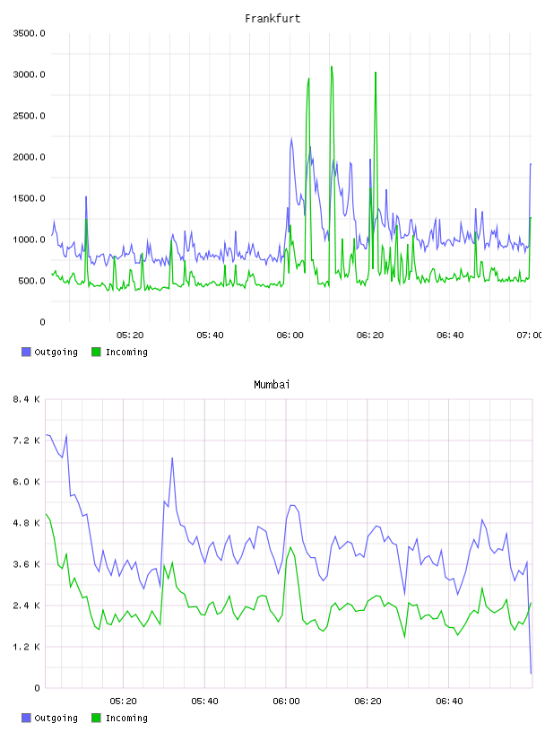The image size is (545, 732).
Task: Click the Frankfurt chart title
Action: tap(272, 18)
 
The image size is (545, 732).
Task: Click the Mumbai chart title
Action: tap(272, 384)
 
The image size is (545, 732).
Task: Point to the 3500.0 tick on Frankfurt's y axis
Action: tap(29, 33)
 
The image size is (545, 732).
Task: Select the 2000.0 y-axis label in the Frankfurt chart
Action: tap(29, 157)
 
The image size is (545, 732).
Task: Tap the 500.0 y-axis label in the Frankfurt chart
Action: tap(31, 281)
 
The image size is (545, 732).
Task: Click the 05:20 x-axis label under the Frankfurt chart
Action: tap(130, 335)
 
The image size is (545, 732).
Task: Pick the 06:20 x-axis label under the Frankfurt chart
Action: tap(370, 335)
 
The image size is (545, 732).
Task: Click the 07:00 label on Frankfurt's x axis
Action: tap(530, 335)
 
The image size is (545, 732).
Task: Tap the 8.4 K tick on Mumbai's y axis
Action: tap(26, 399)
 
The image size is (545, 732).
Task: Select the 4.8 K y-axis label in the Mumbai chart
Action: tap(26, 523)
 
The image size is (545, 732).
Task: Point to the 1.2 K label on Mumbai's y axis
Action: tap(26, 647)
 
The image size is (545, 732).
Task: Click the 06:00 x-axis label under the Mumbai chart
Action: tap(286, 701)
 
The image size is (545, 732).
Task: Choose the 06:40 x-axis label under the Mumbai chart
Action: tap(449, 701)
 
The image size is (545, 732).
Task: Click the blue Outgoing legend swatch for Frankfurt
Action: tap(26, 352)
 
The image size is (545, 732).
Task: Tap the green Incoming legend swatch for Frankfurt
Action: tap(96, 352)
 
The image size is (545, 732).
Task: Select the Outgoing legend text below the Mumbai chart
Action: tap(56, 718)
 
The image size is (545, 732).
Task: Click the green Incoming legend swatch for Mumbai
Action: tap(96, 718)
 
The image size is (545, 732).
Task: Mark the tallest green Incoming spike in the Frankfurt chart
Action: tap(332, 66)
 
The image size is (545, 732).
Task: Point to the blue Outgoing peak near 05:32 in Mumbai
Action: tap(172, 458)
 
